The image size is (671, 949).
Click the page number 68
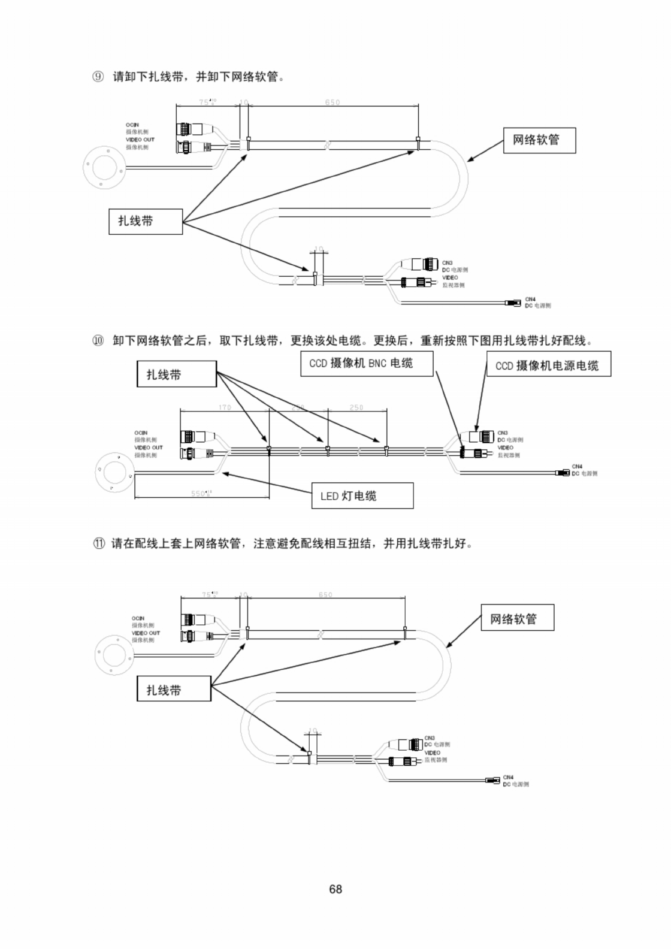[x=335, y=889]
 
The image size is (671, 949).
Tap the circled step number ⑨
[x=98, y=77]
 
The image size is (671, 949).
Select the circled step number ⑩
[x=98, y=341]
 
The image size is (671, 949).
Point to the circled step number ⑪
[x=98, y=544]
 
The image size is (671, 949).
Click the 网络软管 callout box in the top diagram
[x=539, y=140]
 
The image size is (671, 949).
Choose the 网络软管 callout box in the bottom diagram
[x=517, y=618]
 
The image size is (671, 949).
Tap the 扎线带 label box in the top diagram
[x=146, y=221]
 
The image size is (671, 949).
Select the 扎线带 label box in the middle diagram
[x=177, y=374]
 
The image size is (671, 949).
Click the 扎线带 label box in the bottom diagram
[x=174, y=688]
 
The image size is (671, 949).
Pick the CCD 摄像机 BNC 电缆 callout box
[x=366, y=364]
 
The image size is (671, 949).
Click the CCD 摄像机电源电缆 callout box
[x=548, y=365]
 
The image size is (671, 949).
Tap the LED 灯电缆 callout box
[x=362, y=495]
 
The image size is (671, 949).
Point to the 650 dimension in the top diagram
[x=333, y=102]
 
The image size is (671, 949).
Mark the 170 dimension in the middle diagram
[x=224, y=407]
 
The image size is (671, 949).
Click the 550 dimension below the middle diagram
[x=200, y=493]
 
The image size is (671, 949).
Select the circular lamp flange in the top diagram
[x=104, y=165]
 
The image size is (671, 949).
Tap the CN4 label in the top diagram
[x=530, y=299]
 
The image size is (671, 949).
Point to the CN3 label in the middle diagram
[x=502, y=433]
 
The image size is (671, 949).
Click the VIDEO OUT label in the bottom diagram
[x=146, y=633]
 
